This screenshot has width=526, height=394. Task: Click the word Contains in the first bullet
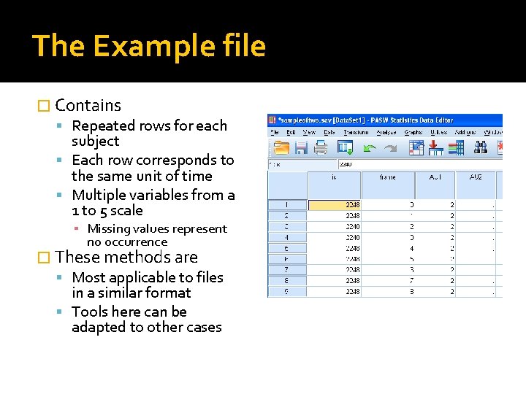[x=88, y=106]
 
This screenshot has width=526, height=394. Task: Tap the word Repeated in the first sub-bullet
[x=102, y=125]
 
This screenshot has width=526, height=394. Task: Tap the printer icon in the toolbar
[x=320, y=148]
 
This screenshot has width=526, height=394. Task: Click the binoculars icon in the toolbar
[x=480, y=148]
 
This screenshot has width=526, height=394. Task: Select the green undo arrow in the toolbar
[x=370, y=148]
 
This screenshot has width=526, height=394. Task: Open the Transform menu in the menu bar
[x=356, y=132]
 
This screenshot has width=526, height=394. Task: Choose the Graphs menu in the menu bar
[x=413, y=132]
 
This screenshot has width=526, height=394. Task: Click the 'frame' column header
[x=388, y=177]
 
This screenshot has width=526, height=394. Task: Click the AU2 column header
[x=476, y=177]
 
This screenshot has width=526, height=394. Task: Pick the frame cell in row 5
[x=388, y=248]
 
